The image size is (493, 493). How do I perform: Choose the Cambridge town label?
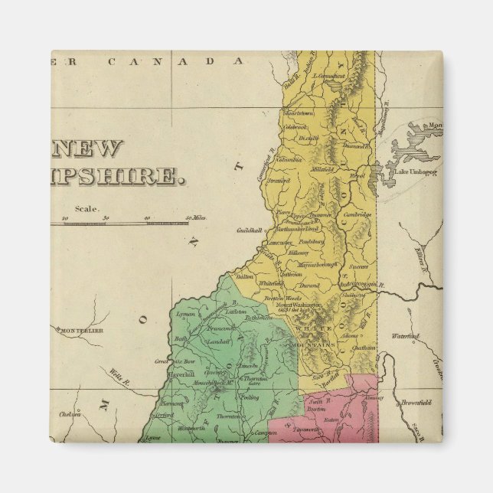pos(356,214)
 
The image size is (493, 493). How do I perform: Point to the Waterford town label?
pos(406,336)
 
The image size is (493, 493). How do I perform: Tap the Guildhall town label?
pos(250,229)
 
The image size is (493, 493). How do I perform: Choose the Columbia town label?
pos(290,160)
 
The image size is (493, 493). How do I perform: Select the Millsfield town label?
pos(322,169)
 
